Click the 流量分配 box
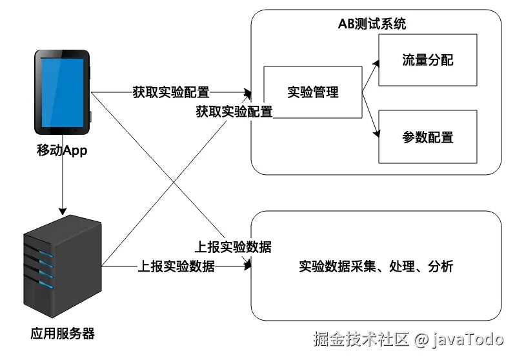[x=428, y=60]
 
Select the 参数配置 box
[x=428, y=137]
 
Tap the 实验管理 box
[x=312, y=92]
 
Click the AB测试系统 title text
[x=372, y=24]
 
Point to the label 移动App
[x=62, y=150]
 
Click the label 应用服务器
[x=63, y=334]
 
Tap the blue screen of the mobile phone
[x=63, y=92]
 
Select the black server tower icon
[x=63, y=266]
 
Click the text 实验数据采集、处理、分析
[x=376, y=266]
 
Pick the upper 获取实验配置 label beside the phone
[x=171, y=92]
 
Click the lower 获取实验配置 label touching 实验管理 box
[x=234, y=112]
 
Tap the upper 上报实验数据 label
[x=233, y=247]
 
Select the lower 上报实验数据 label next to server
[x=176, y=266]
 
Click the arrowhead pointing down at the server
[x=63, y=211]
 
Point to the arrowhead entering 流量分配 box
[x=376, y=63]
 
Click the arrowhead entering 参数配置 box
[x=377, y=134]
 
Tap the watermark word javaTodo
[x=467, y=339]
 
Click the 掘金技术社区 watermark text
[x=361, y=339]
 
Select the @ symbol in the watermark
[x=420, y=339]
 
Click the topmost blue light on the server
[x=46, y=254]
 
